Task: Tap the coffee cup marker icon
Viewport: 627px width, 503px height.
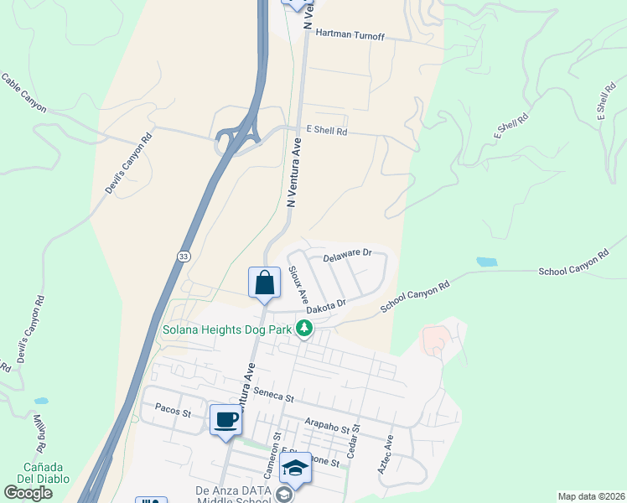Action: point(225,418)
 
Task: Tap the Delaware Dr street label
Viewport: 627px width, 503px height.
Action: point(346,252)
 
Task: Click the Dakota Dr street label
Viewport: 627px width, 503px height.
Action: point(326,308)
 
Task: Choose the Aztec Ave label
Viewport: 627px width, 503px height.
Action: point(386,455)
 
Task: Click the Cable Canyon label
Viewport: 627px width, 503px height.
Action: point(23,93)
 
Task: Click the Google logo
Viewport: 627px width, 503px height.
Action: point(28,492)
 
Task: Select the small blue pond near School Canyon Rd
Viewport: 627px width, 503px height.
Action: point(486,262)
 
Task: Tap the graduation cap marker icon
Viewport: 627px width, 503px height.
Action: point(295,469)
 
